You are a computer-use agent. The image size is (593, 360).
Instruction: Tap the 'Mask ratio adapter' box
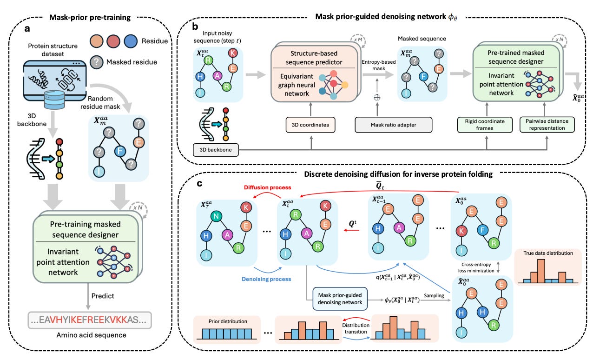tap(393, 125)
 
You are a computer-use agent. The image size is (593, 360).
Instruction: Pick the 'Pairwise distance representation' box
tap(547, 125)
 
